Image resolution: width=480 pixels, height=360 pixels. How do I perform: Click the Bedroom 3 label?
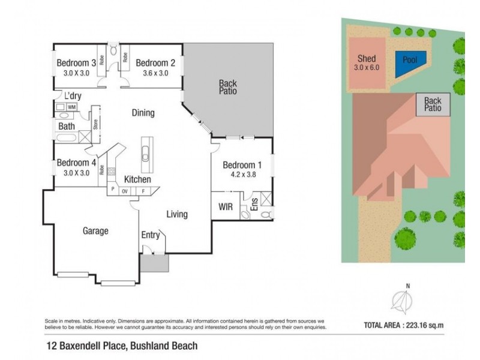tap(76, 62)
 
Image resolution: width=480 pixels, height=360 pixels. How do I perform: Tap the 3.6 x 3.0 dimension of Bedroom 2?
tap(155, 73)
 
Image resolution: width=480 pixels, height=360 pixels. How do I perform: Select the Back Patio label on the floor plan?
tap(227, 88)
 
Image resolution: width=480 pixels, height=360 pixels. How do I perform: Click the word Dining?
tap(143, 113)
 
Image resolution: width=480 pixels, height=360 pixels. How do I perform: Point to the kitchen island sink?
tap(146, 158)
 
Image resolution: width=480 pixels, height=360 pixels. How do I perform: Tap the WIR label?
tap(226, 207)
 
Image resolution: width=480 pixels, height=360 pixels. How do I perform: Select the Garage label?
tap(95, 230)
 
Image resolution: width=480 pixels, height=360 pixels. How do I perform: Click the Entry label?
tap(150, 235)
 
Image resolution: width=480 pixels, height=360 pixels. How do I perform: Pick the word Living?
tap(177, 214)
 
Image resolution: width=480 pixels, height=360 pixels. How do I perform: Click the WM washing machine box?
tap(72, 107)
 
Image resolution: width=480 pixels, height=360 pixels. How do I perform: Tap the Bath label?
tap(67, 127)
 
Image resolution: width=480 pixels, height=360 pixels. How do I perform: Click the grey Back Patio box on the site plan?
tap(433, 105)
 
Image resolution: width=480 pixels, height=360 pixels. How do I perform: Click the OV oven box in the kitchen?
tap(125, 191)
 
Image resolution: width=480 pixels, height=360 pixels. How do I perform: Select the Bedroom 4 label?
tap(76, 162)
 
